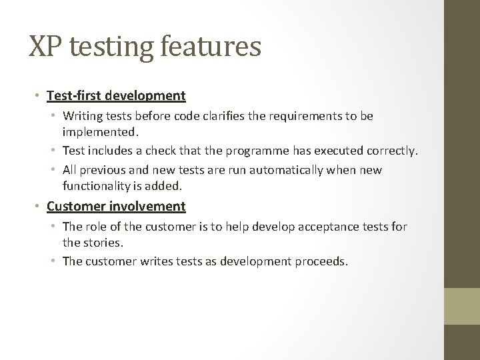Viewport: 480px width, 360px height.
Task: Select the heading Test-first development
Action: (116, 96)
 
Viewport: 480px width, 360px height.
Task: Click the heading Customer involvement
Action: (116, 206)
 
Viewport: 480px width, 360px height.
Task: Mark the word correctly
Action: (393, 151)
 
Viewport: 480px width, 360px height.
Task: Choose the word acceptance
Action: (327, 227)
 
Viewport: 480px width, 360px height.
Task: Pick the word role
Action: (98, 227)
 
